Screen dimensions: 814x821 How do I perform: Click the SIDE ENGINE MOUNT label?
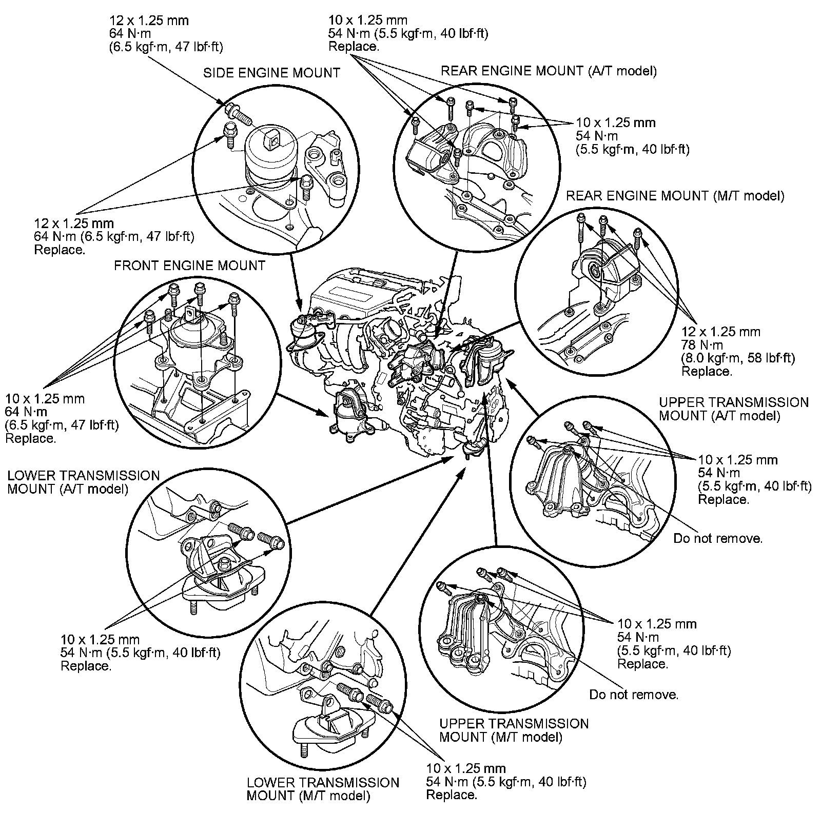(271, 73)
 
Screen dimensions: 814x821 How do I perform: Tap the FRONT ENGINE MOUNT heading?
(189, 266)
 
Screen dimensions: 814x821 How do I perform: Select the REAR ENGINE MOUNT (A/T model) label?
(549, 71)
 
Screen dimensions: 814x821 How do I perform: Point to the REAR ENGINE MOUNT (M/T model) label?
(675, 196)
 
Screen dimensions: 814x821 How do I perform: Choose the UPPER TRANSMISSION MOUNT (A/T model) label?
(733, 409)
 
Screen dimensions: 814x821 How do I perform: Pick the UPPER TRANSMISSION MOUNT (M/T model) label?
(514, 730)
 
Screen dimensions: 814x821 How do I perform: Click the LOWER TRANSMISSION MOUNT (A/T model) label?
(83, 482)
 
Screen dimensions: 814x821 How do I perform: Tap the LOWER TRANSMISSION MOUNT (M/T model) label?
(322, 789)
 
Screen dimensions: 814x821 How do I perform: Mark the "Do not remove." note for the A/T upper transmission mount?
(717, 539)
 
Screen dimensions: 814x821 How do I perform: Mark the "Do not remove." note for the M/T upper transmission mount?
(633, 695)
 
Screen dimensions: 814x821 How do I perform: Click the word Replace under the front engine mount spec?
(30, 439)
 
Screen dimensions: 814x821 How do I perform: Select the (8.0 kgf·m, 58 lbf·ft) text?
(737, 358)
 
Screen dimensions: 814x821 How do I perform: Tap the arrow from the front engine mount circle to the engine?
(303, 404)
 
